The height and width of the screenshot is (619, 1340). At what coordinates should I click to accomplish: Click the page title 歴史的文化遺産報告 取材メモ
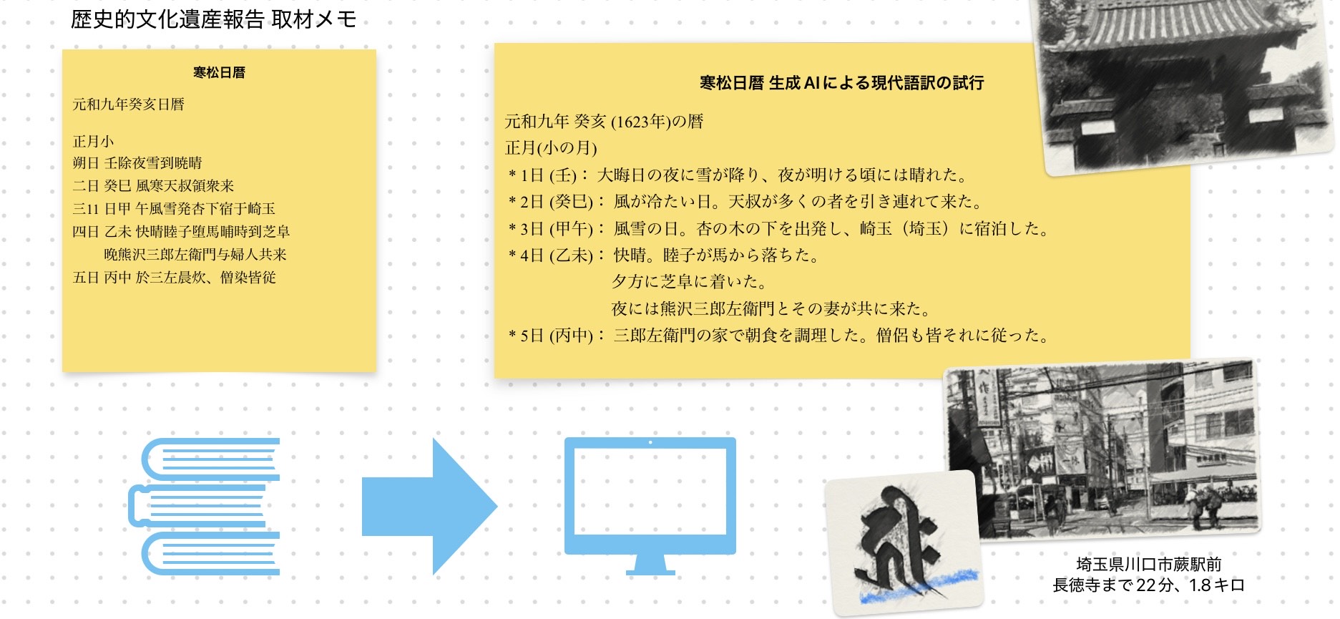click(213, 19)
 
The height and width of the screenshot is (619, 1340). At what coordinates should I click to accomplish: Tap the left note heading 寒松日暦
click(219, 72)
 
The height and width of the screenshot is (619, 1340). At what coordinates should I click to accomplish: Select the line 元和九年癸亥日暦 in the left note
click(129, 104)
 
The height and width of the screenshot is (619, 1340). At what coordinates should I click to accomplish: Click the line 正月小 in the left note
click(93, 141)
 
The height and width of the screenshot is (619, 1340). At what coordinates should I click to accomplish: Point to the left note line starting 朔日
click(137, 163)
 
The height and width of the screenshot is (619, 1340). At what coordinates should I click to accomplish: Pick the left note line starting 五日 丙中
click(174, 277)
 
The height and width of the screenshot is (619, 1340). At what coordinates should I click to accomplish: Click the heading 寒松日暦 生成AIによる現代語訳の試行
click(841, 83)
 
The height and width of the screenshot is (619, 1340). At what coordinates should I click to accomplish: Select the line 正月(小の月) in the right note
click(551, 148)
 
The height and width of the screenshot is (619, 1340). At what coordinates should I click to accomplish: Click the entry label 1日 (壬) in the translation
click(548, 175)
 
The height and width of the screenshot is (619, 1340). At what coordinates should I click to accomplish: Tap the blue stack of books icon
click(205, 507)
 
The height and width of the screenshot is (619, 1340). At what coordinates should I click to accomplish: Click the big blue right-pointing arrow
click(429, 507)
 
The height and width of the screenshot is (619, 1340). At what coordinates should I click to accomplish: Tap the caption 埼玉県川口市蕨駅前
click(1149, 565)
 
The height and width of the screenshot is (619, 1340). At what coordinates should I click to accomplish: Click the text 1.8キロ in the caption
click(1217, 585)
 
